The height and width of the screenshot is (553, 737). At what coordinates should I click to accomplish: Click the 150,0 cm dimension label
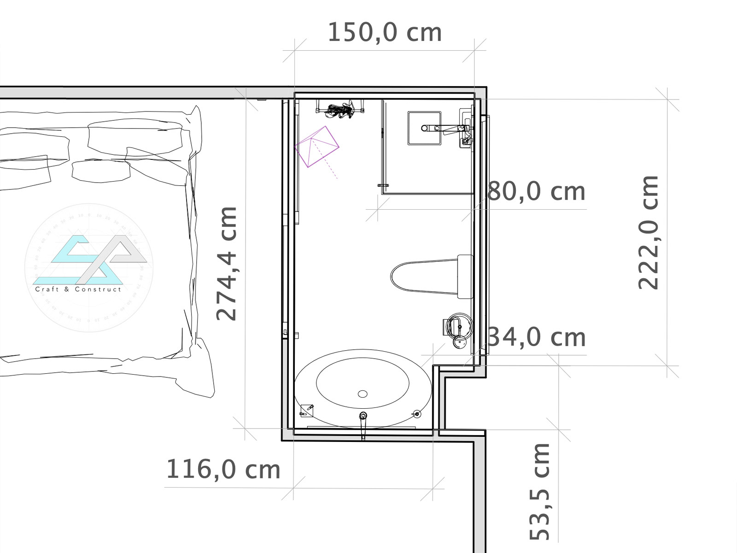click(385, 33)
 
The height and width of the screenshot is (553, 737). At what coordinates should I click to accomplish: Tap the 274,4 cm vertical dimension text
click(226, 264)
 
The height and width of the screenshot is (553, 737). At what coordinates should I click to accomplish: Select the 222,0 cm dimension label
click(648, 232)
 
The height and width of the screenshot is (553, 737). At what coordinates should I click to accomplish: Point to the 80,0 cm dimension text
click(536, 191)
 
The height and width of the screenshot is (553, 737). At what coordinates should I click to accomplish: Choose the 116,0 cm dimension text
click(223, 470)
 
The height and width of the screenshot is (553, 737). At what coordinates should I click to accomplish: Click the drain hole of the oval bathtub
click(363, 394)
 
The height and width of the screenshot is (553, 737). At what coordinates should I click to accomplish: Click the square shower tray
click(424, 128)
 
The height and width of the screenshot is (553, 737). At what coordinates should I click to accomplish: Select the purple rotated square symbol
click(316, 147)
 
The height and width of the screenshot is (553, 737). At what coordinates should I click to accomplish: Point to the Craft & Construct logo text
click(78, 289)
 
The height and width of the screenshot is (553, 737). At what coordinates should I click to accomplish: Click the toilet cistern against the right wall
click(465, 276)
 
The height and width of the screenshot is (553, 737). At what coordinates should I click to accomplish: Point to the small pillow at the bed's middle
click(101, 171)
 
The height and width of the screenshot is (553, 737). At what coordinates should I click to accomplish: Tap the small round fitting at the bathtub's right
click(417, 414)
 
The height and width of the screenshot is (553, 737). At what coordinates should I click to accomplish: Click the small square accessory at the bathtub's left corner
click(307, 411)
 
